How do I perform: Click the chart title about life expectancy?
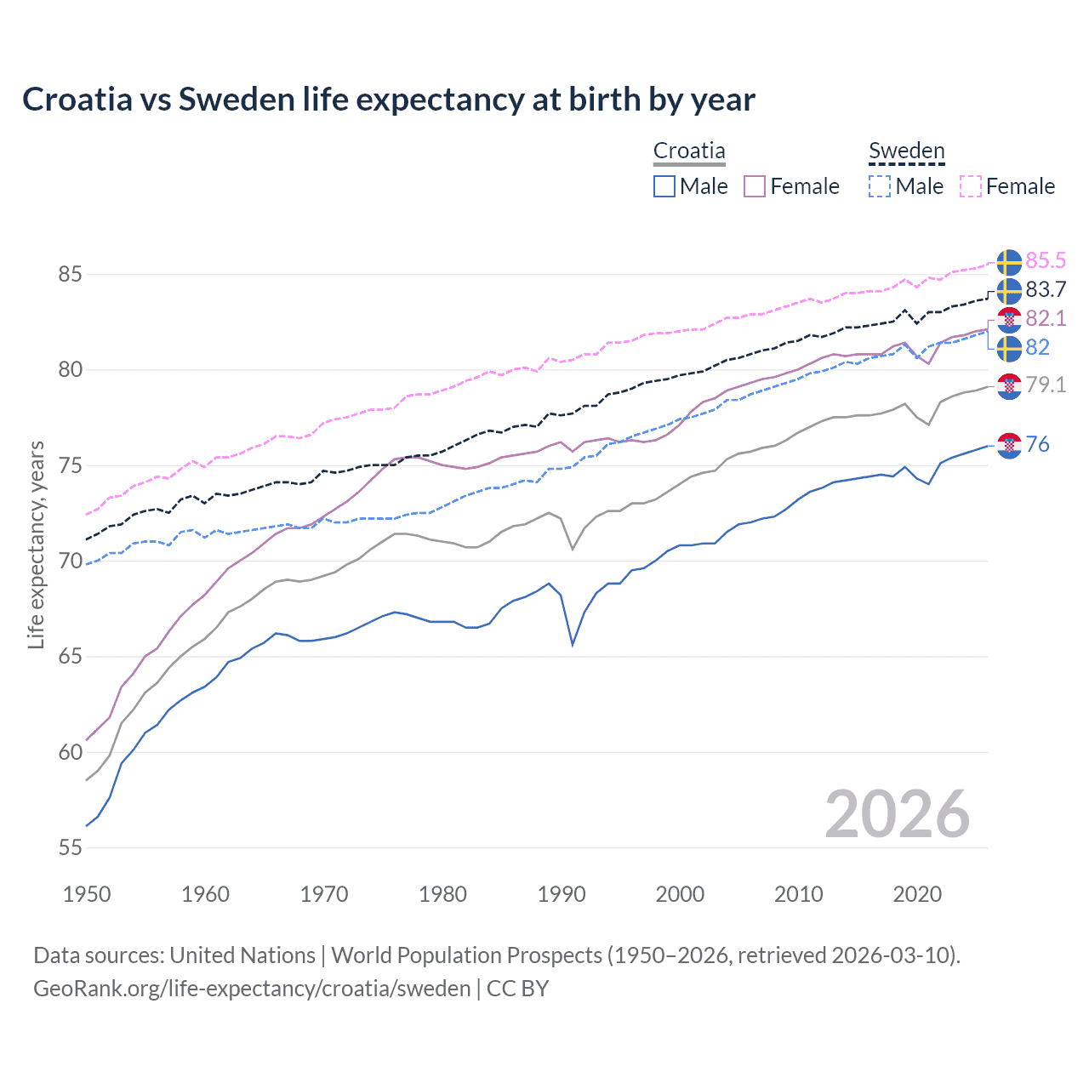388,100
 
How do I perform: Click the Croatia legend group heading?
689,151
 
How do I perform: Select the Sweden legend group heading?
906,151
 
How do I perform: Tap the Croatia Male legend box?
664,186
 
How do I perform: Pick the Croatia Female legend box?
755,186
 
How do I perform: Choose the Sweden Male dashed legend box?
880,186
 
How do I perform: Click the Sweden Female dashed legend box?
971,186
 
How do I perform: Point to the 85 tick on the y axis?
70,274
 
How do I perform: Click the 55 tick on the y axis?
70,847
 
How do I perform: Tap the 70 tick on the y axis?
70,561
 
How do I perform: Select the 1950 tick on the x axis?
87,894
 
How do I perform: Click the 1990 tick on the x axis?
562,894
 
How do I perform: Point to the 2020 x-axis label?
917,894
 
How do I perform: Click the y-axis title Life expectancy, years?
37,544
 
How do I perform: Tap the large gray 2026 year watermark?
897,814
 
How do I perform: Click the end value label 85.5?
1046,260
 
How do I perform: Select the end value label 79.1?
1046,385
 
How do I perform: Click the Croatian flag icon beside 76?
1009,445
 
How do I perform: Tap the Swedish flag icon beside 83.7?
1009,290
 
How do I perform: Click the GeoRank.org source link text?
252,989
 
